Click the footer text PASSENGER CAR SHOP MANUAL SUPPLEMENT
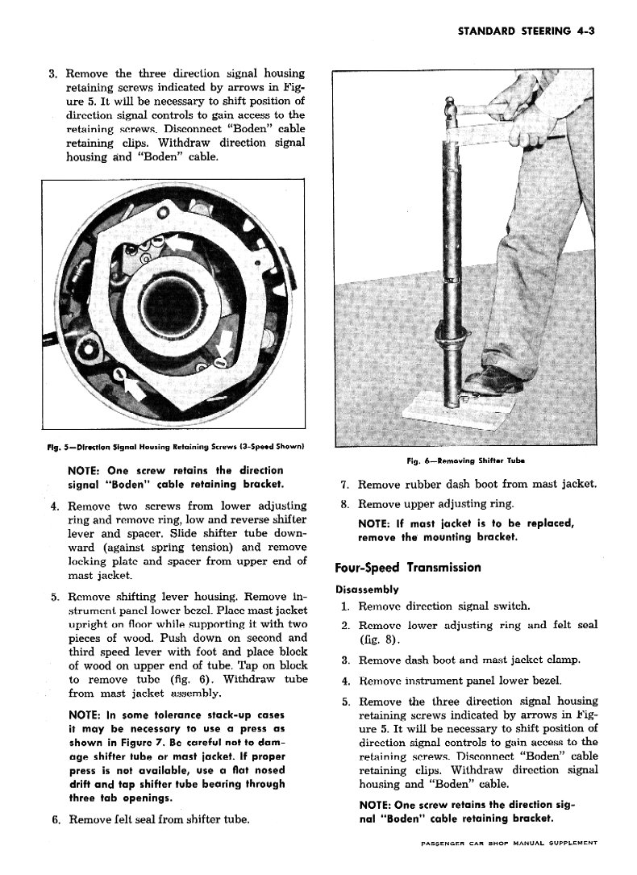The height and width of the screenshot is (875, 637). (x=509, y=843)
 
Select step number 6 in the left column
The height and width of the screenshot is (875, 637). (x=56, y=820)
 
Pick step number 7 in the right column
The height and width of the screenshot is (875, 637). (x=344, y=485)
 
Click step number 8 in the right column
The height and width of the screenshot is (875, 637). (x=344, y=504)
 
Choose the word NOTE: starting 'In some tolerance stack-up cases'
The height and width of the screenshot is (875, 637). (x=85, y=715)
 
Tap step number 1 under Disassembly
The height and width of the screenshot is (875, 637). (x=344, y=606)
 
